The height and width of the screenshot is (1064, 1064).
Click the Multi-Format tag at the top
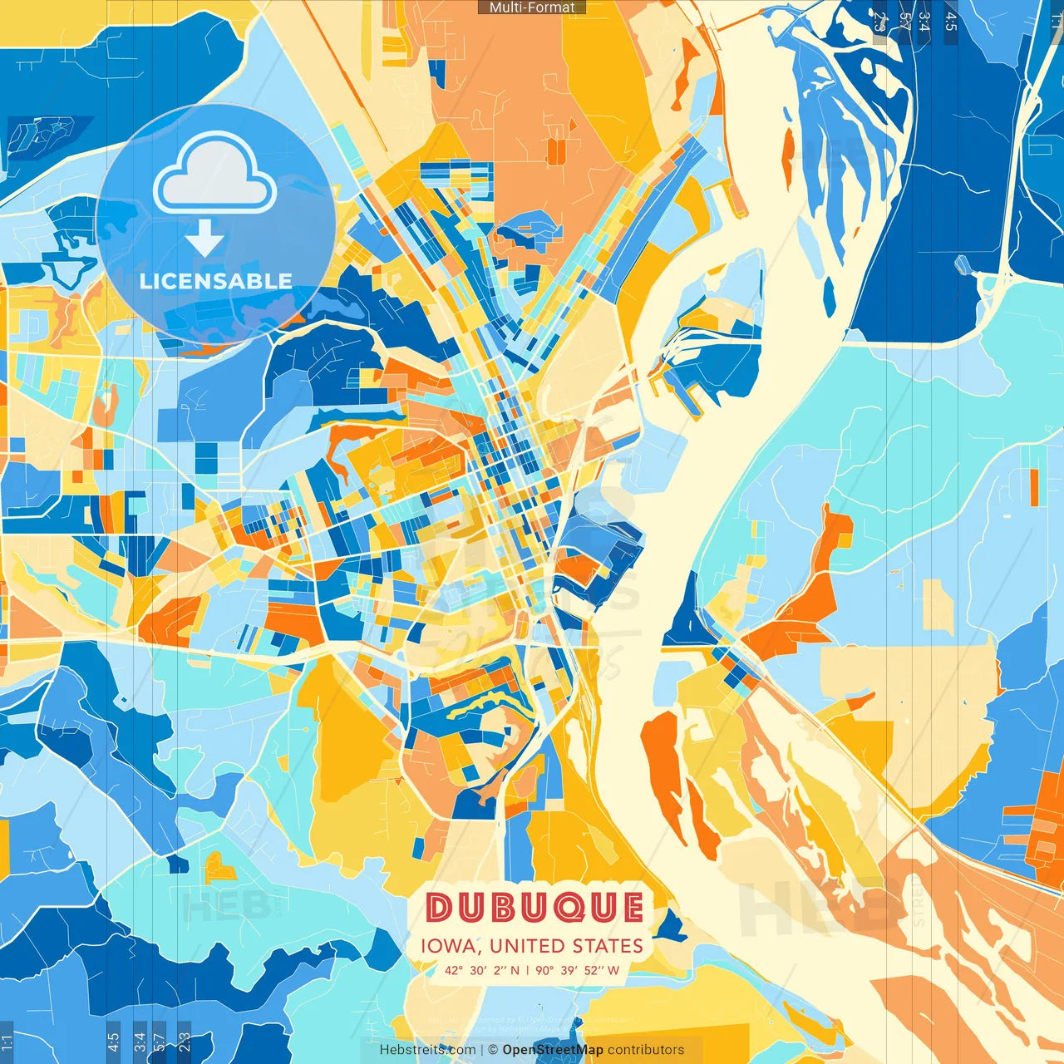point(532,7)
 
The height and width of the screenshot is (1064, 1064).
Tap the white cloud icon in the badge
point(215,175)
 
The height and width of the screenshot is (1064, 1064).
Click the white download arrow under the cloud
point(204,239)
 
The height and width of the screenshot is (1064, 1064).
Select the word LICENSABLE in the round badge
point(216,281)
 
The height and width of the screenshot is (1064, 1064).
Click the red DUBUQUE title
point(534,908)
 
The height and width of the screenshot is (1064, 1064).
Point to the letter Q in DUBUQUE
point(564,908)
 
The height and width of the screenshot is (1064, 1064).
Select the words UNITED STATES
point(565,946)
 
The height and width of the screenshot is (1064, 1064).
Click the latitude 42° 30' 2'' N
point(481,970)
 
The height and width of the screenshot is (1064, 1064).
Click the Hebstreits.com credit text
point(427,1050)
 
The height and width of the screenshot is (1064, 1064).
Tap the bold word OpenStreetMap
point(553,1050)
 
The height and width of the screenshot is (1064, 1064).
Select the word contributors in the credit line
point(646,1050)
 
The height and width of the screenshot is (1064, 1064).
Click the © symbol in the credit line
point(493,1050)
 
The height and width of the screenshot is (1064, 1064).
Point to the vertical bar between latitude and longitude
point(527,970)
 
